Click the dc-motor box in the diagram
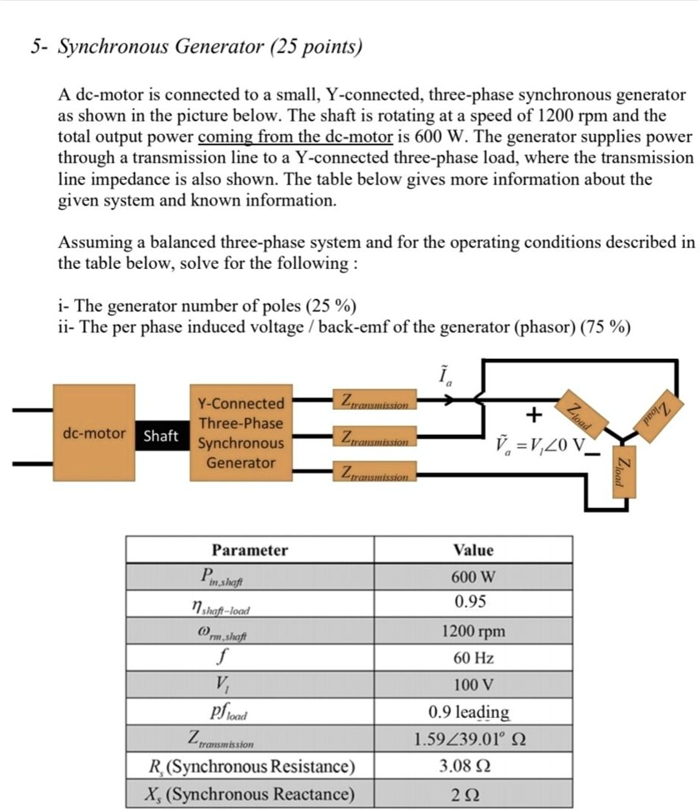94,433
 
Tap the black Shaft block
161,436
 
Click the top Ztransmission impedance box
373,402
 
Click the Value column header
473,550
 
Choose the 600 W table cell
473,576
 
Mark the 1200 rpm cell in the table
473,630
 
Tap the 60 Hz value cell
473,658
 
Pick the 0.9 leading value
469,712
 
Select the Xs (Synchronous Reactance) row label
250,794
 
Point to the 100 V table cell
473,685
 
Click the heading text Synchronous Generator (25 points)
209,47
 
